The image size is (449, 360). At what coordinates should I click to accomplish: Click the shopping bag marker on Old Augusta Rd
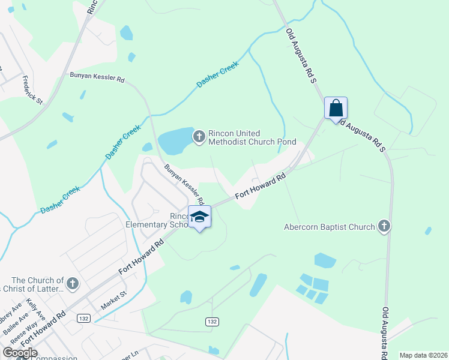[x=336, y=109]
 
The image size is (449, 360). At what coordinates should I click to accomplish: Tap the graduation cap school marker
[x=200, y=217]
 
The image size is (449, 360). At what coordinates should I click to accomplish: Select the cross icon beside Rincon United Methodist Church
[x=199, y=137]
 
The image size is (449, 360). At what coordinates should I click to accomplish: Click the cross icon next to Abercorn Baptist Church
[x=384, y=226]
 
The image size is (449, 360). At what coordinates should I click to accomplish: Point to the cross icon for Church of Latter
[x=72, y=284]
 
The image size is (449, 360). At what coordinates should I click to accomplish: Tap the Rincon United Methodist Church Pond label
[x=252, y=137]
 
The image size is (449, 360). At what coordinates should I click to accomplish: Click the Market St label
[x=114, y=299]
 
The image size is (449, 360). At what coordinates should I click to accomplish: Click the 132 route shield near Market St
[x=83, y=318]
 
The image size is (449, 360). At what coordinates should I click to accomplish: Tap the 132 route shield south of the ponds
[x=211, y=322]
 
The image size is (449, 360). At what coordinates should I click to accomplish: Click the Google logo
[x=20, y=353]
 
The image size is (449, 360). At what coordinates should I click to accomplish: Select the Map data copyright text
[x=423, y=355]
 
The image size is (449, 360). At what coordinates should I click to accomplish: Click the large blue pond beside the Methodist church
[x=174, y=142]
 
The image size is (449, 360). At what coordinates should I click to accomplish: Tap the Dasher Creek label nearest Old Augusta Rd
[x=218, y=74]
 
